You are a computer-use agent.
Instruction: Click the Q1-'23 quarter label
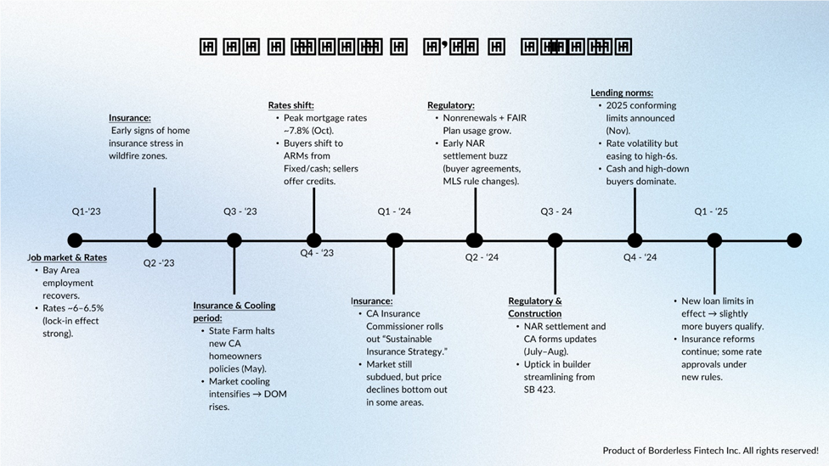[87, 211]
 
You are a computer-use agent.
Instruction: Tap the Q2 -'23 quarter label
[159, 262]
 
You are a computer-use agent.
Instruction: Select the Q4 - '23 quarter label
[317, 252]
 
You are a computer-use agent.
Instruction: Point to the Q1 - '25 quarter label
[712, 211]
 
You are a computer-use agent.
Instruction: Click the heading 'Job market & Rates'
[67, 257]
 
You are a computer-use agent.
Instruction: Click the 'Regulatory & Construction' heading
[535, 307]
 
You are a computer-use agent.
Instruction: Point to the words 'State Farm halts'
[245, 330]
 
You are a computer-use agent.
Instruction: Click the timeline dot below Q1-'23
[75, 240]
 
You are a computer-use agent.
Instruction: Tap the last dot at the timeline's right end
[794, 240]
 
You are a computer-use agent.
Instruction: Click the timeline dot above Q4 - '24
[634, 240]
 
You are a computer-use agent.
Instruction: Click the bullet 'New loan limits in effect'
[718, 307]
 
